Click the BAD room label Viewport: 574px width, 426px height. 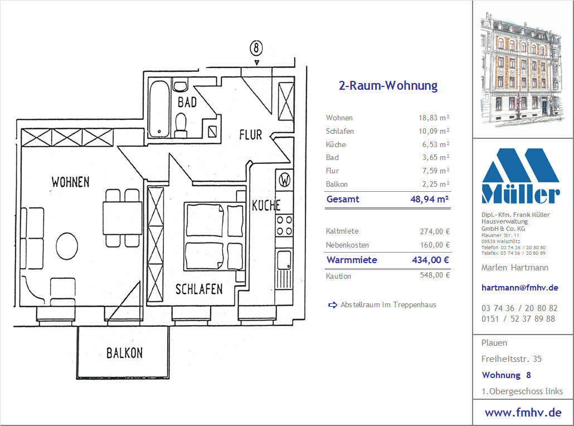click(x=187, y=102)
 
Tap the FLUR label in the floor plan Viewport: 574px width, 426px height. click(x=251, y=135)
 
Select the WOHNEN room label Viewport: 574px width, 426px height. click(x=70, y=182)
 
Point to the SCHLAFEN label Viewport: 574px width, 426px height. click(x=199, y=289)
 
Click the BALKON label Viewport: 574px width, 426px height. click(x=124, y=353)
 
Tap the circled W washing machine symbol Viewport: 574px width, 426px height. click(x=284, y=180)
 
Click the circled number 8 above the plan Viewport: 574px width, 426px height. click(x=256, y=48)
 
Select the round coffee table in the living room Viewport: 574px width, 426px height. click(x=67, y=246)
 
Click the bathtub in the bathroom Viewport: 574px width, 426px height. click(x=159, y=109)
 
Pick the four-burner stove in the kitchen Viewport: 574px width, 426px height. click(x=284, y=225)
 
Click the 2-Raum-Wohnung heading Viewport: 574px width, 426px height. click(x=388, y=86)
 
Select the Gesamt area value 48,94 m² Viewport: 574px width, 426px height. click(x=430, y=199)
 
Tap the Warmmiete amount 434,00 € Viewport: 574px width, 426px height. click(x=430, y=260)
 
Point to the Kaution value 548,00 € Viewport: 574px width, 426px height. click(x=435, y=275)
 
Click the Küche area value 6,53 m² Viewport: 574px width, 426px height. click(x=436, y=144)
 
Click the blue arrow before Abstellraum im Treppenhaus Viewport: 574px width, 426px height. click(x=333, y=305)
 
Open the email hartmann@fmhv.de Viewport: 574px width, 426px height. click(x=520, y=288)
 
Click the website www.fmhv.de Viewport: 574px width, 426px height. click(x=523, y=413)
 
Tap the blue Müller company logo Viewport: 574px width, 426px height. click(x=521, y=176)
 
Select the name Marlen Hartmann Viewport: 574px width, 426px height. click(x=515, y=268)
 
